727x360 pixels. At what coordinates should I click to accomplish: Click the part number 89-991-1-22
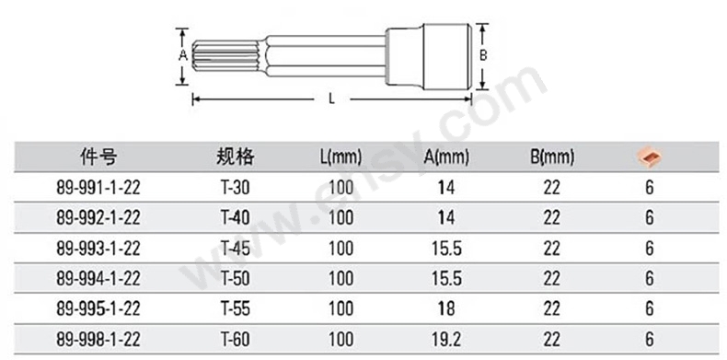point(98,188)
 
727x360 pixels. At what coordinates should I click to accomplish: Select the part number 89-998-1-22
point(98,340)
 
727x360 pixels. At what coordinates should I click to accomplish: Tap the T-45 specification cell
point(235,249)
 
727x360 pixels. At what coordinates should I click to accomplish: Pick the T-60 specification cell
point(235,340)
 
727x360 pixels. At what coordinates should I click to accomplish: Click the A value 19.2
point(446,340)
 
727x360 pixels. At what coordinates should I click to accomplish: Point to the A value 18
point(446,309)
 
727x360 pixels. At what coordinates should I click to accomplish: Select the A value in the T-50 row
point(446,278)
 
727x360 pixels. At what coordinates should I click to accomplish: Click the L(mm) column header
point(340,157)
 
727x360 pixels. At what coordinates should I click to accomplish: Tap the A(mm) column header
point(446,157)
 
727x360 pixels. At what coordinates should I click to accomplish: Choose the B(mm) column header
point(552,157)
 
